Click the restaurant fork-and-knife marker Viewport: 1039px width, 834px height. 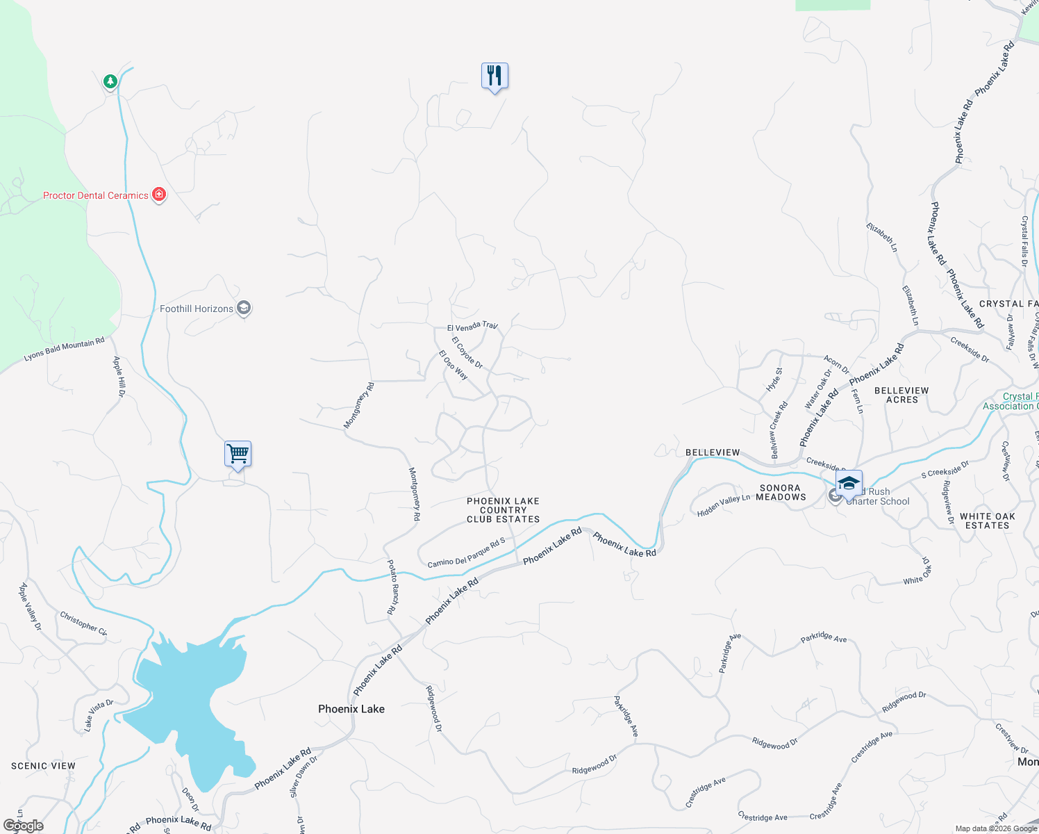(494, 76)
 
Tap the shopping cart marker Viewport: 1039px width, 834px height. (238, 455)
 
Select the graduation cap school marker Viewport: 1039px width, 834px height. (849, 484)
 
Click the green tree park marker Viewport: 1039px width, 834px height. (110, 82)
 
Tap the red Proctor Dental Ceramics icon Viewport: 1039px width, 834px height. (159, 195)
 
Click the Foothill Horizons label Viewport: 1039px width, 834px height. (197, 309)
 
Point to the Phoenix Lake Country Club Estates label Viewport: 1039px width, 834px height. (503, 510)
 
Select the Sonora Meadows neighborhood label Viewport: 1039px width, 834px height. (781, 493)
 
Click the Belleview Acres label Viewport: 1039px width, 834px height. (901, 395)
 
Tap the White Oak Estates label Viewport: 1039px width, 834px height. (987, 521)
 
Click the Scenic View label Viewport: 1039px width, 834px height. (43, 766)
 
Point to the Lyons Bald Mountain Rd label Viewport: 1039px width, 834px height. (64, 350)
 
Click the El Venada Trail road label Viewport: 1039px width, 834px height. (472, 326)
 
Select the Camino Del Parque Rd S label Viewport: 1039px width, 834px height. (466, 553)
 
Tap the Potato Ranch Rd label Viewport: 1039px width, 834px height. (392, 587)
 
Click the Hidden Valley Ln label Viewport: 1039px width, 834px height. (724, 506)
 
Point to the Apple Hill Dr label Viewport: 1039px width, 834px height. (119, 377)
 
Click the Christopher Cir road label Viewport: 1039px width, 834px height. (83, 623)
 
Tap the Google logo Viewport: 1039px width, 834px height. (24, 826)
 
